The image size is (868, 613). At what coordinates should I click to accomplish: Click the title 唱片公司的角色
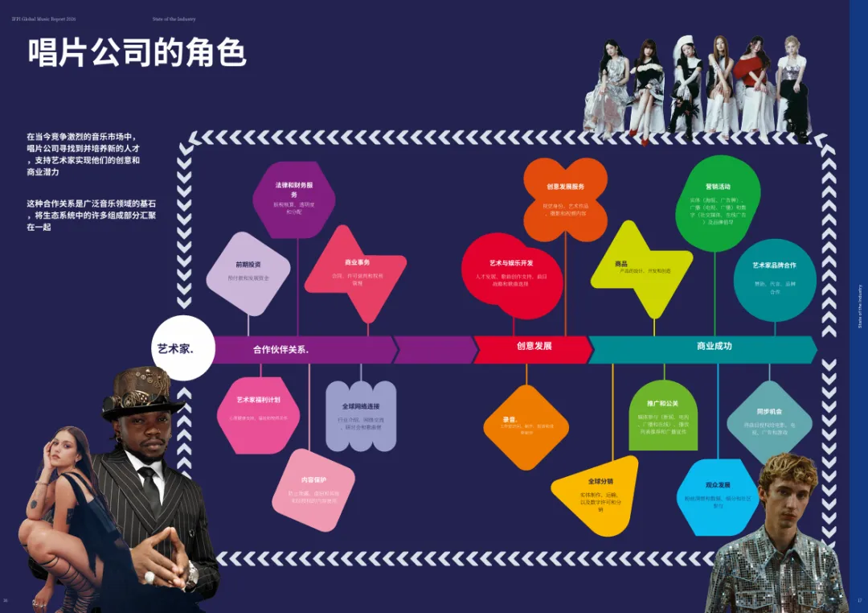(137, 52)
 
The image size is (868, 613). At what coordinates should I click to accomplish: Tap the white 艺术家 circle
(182, 348)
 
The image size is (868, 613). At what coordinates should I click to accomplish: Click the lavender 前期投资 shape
(248, 274)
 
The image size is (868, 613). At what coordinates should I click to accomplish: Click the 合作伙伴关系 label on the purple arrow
(281, 350)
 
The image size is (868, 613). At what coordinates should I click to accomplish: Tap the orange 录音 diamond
(526, 427)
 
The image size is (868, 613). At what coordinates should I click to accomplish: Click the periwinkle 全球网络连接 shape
(361, 415)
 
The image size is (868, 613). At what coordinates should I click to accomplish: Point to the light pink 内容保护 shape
(313, 490)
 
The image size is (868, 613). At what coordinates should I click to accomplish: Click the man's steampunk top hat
(141, 389)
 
